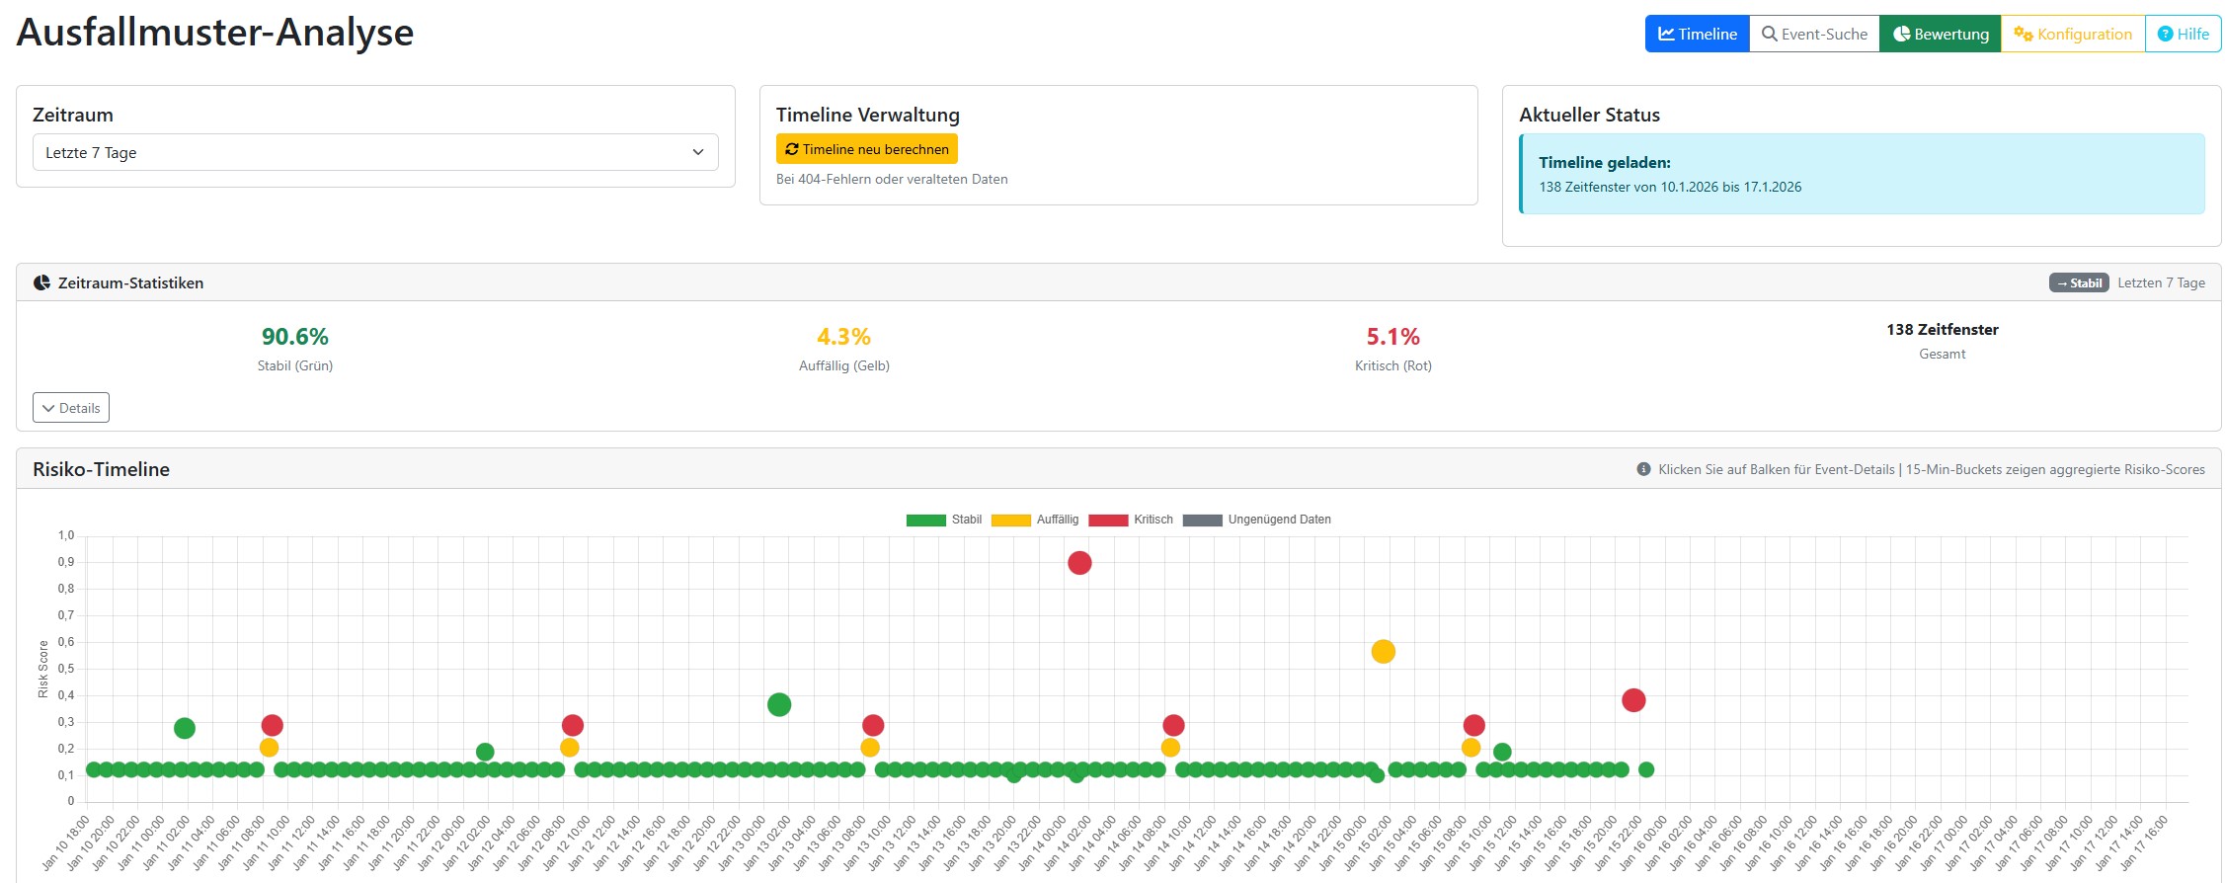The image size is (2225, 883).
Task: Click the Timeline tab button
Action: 1697,34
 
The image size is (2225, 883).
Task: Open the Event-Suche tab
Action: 1814,34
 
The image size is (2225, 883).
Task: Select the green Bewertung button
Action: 1940,34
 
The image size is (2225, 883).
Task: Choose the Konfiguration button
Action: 2073,34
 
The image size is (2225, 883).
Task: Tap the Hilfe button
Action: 2183,34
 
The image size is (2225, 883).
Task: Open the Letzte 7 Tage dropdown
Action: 375,152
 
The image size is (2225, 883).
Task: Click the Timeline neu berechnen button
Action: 866,149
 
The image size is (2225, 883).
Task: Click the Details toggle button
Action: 71,408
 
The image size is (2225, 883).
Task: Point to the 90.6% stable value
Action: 294,337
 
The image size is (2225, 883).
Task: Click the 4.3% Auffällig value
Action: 843,337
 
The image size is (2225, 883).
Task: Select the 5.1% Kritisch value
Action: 1392,337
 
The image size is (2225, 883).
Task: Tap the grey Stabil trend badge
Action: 2079,282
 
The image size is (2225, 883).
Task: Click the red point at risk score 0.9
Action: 1079,563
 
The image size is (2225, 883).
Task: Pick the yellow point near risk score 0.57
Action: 1383,652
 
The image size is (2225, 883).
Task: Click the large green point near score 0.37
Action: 779,704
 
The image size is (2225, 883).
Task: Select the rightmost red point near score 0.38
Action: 1633,700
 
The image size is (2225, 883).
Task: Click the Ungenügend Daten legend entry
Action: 1256,520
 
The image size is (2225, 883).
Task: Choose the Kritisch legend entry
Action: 1131,520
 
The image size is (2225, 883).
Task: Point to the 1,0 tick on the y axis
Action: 66,535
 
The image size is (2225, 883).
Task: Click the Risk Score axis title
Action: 42,669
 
